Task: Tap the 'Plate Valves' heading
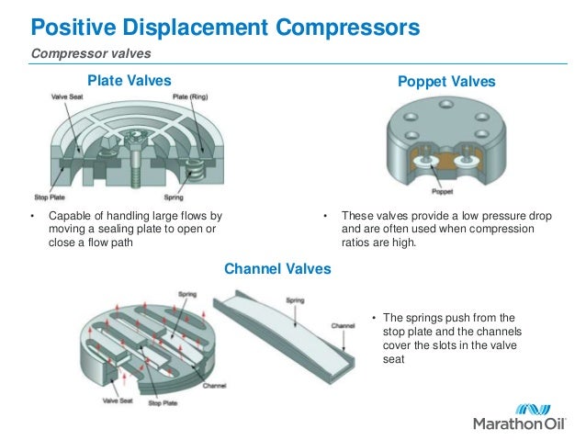point(129,82)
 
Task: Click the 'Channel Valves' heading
point(277,269)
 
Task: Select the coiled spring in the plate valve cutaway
point(195,170)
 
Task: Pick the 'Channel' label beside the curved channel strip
point(344,325)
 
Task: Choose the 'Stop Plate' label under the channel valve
point(162,401)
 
